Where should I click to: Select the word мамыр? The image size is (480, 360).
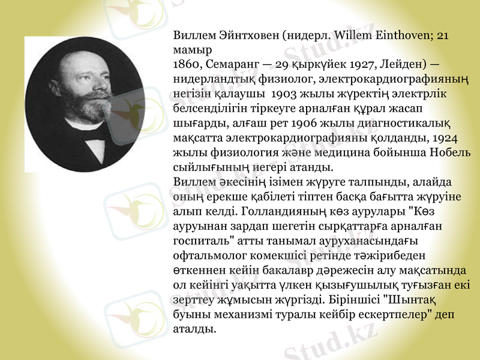pos(189,49)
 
